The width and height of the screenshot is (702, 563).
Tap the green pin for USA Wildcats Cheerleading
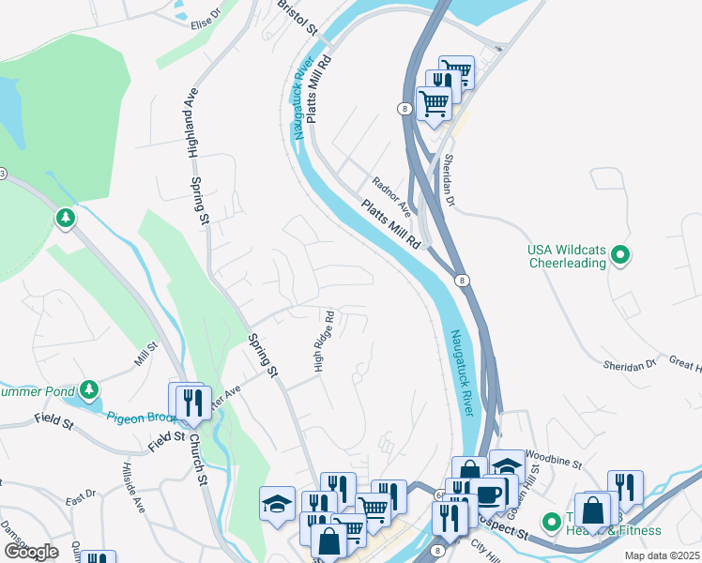619,254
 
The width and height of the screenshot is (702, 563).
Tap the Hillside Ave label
133,487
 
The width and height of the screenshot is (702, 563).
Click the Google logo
31,551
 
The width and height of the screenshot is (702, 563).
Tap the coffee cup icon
488,495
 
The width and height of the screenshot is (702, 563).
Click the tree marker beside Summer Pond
89,388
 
